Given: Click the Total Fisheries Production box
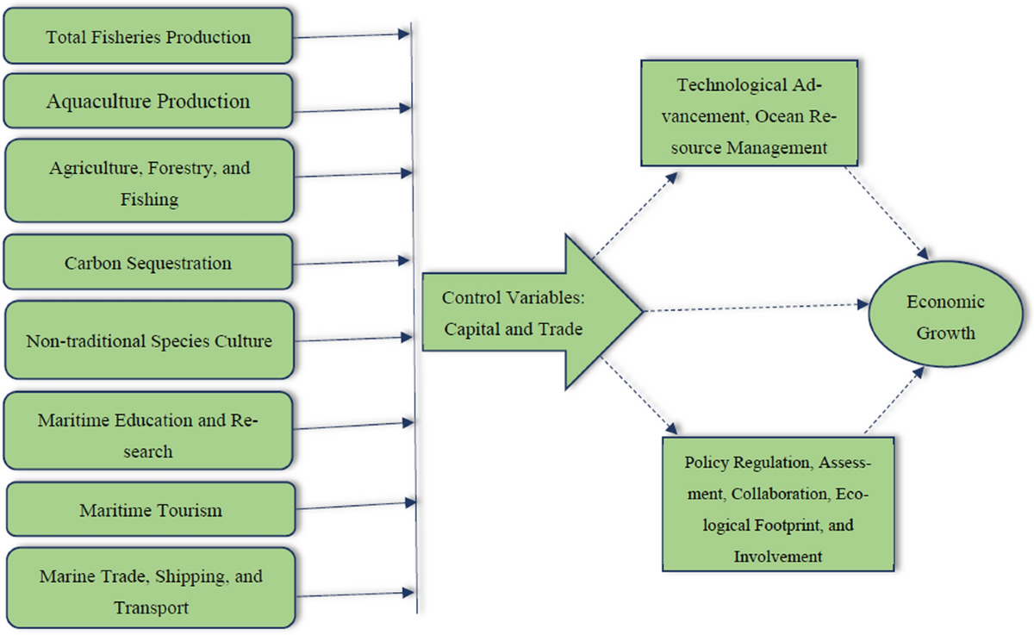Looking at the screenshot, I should [148, 37].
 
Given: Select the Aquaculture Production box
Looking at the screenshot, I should [148, 101].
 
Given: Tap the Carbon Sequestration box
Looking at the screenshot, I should [148, 263].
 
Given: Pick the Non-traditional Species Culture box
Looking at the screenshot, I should [148, 340].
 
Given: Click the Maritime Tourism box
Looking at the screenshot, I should [151, 510].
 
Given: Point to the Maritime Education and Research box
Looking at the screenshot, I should [148, 435].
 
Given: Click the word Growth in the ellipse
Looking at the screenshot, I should [946, 333].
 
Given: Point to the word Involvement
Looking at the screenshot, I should [778, 556].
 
